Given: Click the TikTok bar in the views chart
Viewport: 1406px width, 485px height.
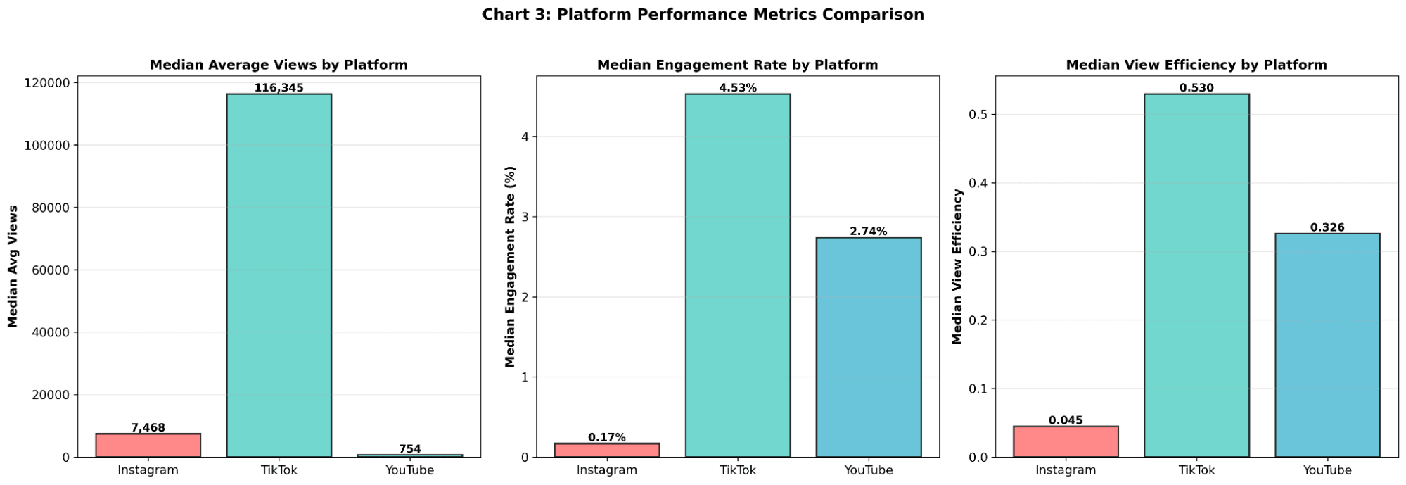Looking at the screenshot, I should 279,275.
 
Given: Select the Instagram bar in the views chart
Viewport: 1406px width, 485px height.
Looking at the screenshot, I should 148,445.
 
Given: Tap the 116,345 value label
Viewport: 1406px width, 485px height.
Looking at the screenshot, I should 279,88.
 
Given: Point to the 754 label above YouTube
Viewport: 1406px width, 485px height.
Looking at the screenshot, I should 409,449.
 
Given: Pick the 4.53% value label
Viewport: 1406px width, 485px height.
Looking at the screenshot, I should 737,88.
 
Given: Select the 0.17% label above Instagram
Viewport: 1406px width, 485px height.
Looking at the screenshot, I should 606,437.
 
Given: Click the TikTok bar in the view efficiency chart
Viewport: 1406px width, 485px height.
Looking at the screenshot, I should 1196,275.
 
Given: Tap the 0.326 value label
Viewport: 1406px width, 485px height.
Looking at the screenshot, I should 1327,227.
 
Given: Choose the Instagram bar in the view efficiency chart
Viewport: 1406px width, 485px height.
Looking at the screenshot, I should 1065,441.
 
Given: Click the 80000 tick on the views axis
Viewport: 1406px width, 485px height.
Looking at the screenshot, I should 51,208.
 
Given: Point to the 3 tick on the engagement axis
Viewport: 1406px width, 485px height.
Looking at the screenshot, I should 524,217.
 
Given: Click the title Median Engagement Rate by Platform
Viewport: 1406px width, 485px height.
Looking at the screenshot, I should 737,65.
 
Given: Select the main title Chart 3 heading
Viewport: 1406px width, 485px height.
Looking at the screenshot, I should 703,15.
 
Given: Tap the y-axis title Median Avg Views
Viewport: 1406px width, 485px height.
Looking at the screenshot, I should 13,266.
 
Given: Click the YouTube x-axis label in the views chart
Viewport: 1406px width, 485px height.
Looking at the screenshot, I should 409,470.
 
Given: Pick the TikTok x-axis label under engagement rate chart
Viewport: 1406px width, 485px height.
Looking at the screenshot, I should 737,470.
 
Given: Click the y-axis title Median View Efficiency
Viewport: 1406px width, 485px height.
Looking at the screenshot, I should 957,266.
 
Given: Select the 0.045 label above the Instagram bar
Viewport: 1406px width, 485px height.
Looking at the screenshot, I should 1065,420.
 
